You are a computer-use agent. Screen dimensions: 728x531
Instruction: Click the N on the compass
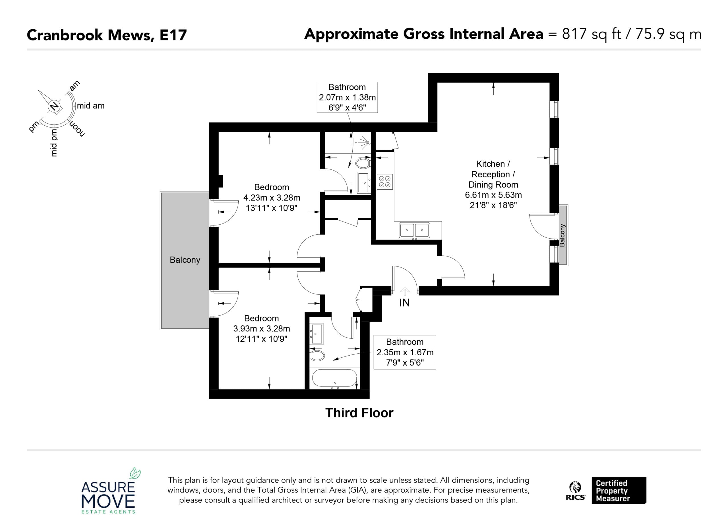click(x=54, y=106)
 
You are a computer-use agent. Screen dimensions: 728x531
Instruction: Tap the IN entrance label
click(x=404, y=303)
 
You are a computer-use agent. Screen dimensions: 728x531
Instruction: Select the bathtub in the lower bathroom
click(x=334, y=378)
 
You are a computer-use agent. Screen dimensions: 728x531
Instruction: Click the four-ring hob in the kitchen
click(x=384, y=182)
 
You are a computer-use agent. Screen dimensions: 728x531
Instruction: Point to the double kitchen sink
click(x=414, y=230)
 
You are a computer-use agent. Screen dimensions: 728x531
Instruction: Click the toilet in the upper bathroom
click(x=363, y=163)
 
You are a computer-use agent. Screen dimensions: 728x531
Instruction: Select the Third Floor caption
click(x=359, y=413)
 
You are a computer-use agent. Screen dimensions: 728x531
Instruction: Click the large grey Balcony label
click(x=185, y=260)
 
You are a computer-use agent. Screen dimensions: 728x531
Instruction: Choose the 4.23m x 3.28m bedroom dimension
click(x=272, y=198)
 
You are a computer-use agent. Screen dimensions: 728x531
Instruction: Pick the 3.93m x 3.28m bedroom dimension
click(x=262, y=329)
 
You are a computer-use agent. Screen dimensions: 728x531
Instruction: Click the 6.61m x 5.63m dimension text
click(x=493, y=195)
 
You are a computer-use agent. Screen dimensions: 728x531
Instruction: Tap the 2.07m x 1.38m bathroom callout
click(x=347, y=97)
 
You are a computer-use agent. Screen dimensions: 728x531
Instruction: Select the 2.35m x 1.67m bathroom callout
click(x=405, y=352)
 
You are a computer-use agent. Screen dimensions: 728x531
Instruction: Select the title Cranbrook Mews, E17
click(x=107, y=35)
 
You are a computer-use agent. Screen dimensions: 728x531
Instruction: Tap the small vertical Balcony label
click(x=562, y=235)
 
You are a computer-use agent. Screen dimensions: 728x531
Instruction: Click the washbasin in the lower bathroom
click(x=316, y=334)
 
